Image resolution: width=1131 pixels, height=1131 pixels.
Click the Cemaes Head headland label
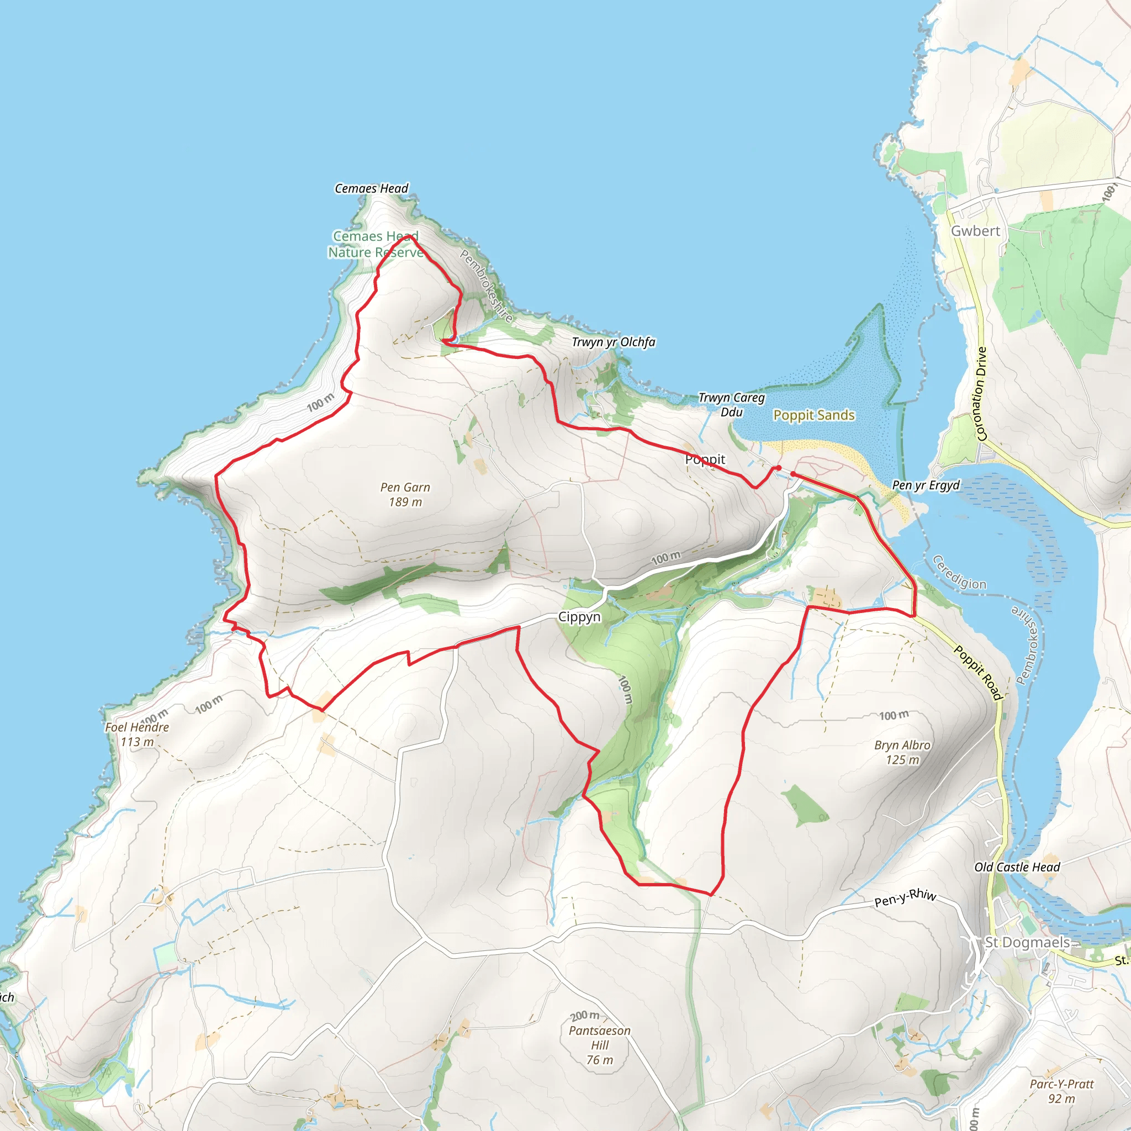pyautogui.click(x=371, y=188)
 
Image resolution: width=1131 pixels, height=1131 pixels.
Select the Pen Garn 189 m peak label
pyautogui.click(x=405, y=494)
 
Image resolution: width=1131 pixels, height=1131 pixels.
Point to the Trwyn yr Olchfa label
pyautogui.click(x=613, y=342)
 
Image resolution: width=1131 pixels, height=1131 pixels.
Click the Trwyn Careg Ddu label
pyautogui.click(x=731, y=404)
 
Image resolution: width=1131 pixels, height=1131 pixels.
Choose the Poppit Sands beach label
pyautogui.click(x=813, y=415)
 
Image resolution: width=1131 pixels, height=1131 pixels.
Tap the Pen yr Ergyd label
pyautogui.click(x=926, y=485)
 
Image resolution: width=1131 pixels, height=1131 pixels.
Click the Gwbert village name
pyautogui.click(x=975, y=231)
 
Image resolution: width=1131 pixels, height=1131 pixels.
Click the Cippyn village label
pyautogui.click(x=579, y=616)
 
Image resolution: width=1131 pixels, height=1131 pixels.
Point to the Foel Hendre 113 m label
pyautogui.click(x=137, y=734)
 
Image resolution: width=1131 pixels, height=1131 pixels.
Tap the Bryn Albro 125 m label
pyautogui.click(x=902, y=752)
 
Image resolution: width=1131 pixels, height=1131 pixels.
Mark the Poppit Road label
pyautogui.click(x=978, y=672)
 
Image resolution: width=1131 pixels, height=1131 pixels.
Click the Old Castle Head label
pyautogui.click(x=1017, y=867)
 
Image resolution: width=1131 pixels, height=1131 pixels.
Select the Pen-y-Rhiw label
pyautogui.click(x=905, y=897)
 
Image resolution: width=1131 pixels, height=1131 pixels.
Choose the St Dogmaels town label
pyautogui.click(x=1027, y=942)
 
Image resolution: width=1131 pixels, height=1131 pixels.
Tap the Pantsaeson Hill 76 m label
pyautogui.click(x=599, y=1045)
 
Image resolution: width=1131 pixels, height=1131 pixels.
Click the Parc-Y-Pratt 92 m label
pyautogui.click(x=1061, y=1091)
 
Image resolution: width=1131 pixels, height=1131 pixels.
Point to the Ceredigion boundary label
pyautogui.click(x=959, y=573)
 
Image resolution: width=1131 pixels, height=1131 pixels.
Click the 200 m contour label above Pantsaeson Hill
pyautogui.click(x=585, y=1016)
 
